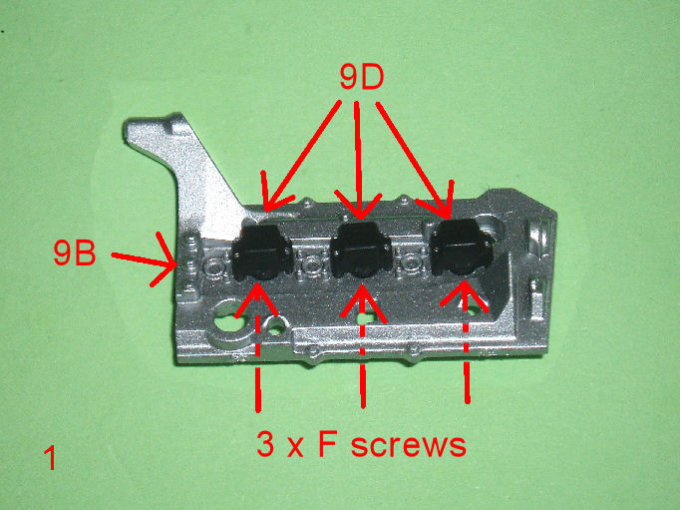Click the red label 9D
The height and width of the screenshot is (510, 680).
(x=361, y=78)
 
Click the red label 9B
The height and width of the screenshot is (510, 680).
(x=74, y=253)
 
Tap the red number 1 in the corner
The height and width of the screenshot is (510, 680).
(x=50, y=458)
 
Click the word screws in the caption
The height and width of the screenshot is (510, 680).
(x=408, y=445)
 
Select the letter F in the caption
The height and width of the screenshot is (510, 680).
(x=328, y=444)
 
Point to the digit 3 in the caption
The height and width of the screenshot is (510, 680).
(x=265, y=444)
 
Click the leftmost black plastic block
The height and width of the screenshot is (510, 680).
(x=261, y=254)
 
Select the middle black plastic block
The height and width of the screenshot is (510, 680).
(x=361, y=250)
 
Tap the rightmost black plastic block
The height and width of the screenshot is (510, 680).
(x=461, y=248)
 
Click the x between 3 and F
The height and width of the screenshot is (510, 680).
(x=295, y=448)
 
